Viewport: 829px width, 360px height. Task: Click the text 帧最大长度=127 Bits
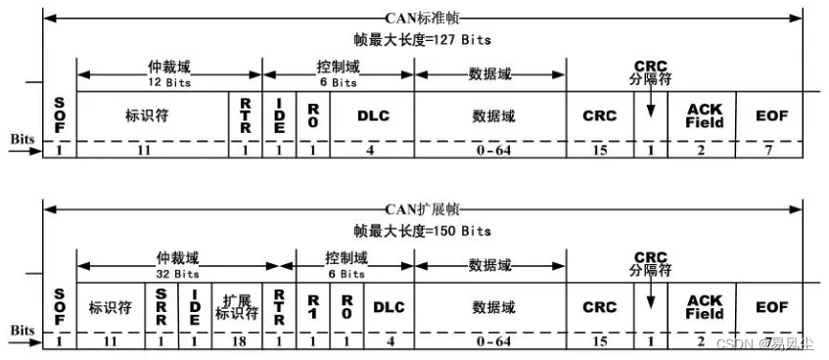point(422,40)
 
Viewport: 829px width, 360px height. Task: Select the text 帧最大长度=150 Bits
point(422,231)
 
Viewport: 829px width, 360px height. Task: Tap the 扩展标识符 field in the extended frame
point(238,306)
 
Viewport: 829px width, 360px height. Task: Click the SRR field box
point(161,306)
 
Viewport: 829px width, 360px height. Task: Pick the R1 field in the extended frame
point(314,306)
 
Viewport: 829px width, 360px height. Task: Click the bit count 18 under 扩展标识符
point(238,341)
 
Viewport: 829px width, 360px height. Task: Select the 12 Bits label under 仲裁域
point(168,83)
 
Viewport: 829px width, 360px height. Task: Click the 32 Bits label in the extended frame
point(177,274)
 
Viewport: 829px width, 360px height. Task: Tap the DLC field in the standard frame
point(373,115)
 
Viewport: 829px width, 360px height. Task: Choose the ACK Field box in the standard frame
point(704,115)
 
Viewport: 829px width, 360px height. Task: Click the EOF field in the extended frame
point(771,306)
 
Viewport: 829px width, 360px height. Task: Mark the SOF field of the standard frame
point(59,115)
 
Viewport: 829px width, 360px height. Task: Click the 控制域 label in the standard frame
point(339,69)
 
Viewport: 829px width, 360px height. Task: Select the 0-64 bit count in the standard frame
point(490,151)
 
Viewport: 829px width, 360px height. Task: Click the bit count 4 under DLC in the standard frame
point(373,151)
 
